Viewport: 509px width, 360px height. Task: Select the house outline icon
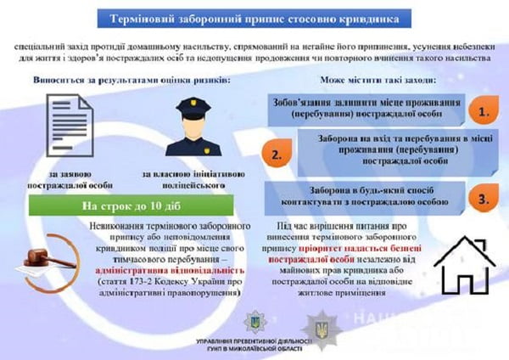click(x=463, y=264)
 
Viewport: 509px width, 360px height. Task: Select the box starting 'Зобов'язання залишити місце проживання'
click(x=367, y=107)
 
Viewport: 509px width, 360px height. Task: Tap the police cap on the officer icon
click(x=193, y=104)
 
